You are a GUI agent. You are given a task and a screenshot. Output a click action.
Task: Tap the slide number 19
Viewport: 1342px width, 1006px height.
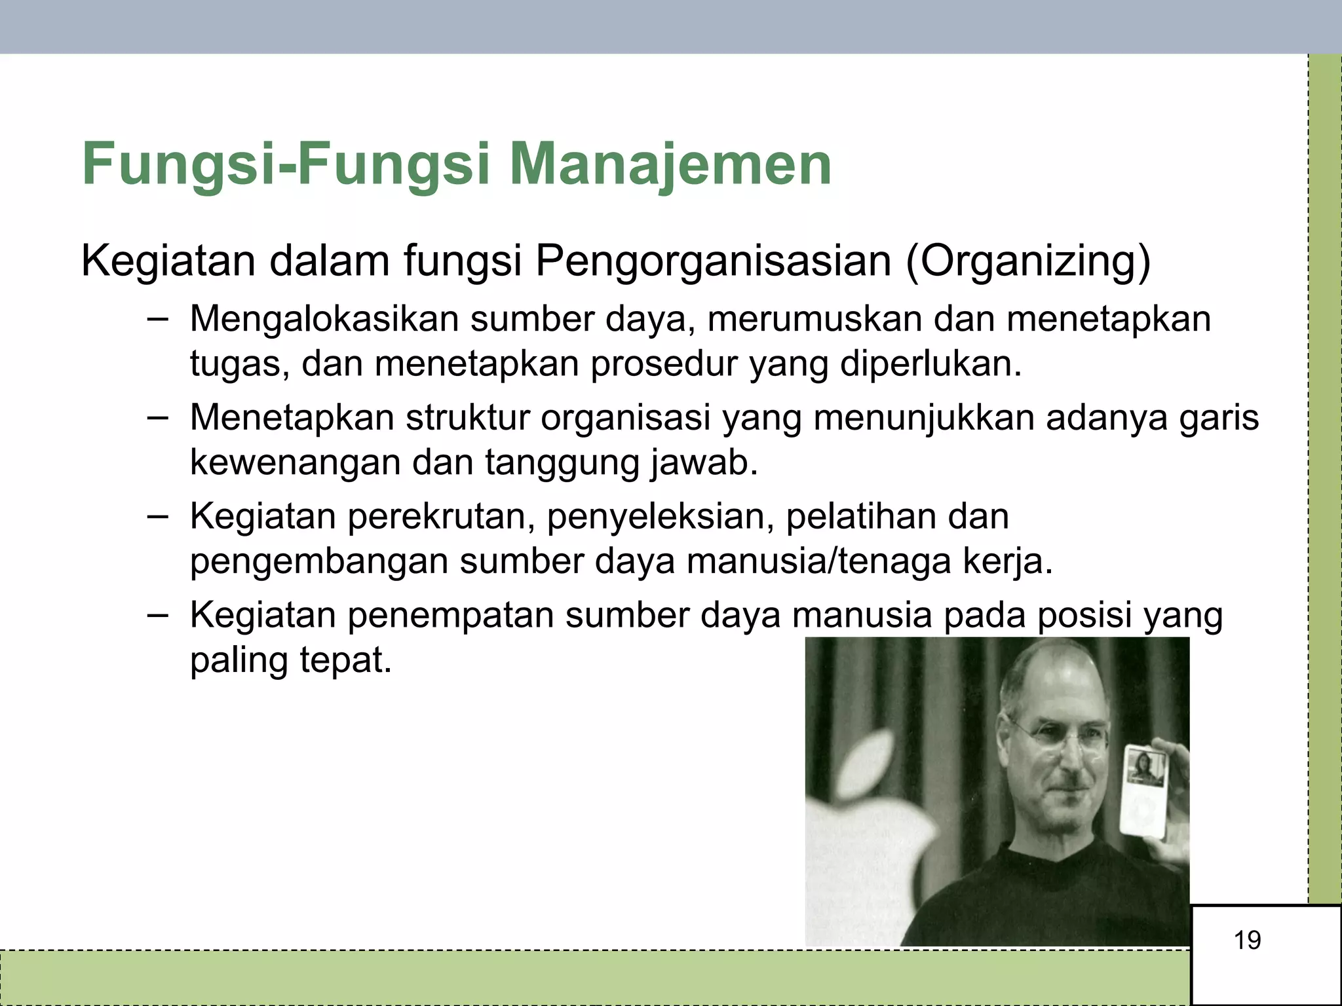1247,941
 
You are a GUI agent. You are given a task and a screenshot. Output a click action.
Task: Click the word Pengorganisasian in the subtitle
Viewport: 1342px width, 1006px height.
713,261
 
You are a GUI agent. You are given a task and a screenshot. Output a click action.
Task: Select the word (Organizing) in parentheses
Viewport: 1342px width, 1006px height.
1027,261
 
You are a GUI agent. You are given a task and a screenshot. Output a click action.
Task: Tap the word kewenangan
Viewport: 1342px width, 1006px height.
294,462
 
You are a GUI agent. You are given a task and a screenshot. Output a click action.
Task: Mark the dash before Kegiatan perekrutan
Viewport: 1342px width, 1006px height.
157,515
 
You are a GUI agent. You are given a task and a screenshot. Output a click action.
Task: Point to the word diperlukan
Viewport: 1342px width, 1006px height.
930,363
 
